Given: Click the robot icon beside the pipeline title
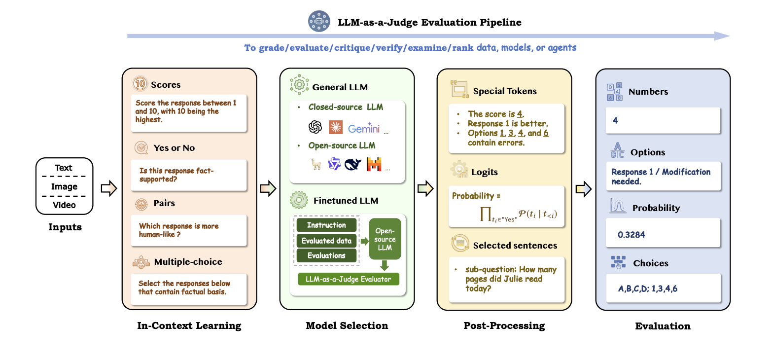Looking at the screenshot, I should [319, 22].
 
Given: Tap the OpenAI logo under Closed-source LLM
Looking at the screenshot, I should [315, 128].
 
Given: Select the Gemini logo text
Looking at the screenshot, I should [363, 129].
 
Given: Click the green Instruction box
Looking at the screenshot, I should [326, 225].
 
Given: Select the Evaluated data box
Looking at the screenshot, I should [326, 241].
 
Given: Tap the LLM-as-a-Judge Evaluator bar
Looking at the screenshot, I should [348, 279].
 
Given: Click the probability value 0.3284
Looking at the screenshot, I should [632, 235].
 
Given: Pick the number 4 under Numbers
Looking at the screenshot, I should [615, 120].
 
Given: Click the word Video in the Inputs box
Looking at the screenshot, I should [64, 205].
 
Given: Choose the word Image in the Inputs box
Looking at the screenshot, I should [64, 186].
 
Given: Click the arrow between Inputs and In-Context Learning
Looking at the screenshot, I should [108, 188].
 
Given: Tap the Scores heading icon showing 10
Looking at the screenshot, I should [140, 84].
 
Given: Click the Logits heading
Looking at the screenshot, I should [485, 172].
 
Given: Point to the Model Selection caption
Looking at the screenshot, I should [347, 325].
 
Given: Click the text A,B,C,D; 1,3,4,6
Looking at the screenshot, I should [648, 289].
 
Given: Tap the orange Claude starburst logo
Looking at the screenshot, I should [336, 128].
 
